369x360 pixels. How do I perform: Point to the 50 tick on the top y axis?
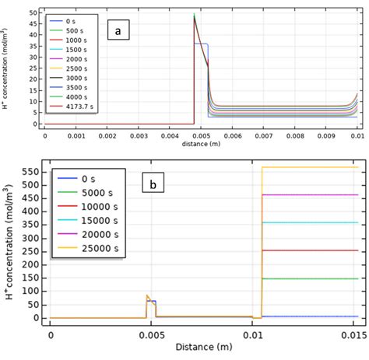click(x=32, y=13)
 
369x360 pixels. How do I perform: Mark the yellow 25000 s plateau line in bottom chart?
click(x=311, y=167)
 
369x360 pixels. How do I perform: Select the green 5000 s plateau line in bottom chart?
click(x=311, y=278)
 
